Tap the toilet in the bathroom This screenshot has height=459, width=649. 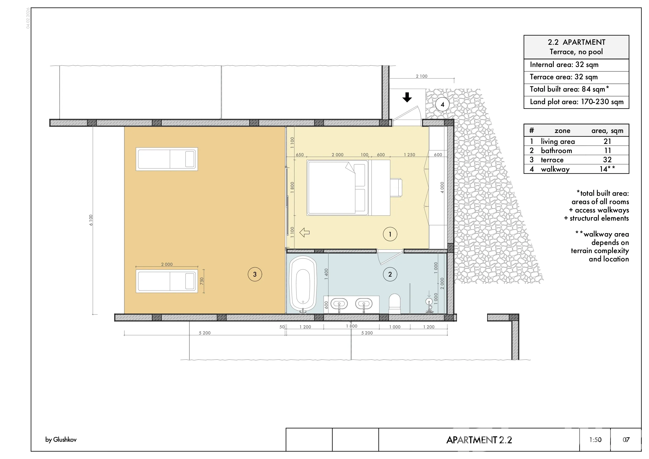[x=394, y=304]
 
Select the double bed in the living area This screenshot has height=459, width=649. [x=337, y=188]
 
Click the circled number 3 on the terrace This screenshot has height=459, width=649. [x=255, y=274]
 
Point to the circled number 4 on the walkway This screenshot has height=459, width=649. [x=442, y=104]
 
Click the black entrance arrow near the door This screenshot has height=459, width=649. [x=407, y=97]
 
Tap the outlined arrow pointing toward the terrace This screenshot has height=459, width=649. [x=304, y=233]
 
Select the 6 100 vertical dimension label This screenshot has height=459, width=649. [x=91, y=220]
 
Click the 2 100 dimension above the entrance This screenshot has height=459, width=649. [x=421, y=76]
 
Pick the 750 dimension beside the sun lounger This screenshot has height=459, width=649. [x=201, y=281]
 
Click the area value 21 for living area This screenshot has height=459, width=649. [x=607, y=141]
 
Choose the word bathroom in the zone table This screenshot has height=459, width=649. [x=556, y=150]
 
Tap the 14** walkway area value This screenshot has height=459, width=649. [x=607, y=169]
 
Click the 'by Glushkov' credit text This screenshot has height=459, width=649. [x=61, y=439]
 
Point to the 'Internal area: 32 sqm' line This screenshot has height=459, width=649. [x=564, y=65]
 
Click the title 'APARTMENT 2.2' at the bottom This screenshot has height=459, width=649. [x=479, y=440]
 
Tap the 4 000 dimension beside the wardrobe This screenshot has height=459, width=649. [x=442, y=188]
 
